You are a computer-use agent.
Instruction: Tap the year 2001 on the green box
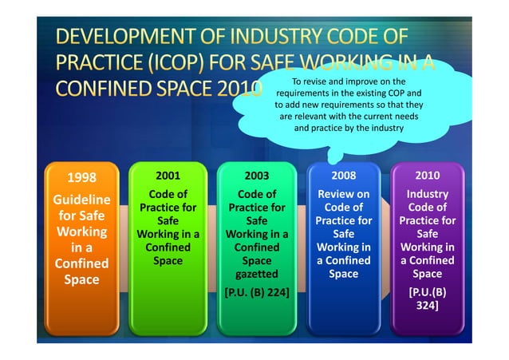coord(168,175)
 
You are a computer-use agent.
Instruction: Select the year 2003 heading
coord(257,175)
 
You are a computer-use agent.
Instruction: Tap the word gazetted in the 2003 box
coord(257,274)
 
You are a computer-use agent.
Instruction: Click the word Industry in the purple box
coord(428,194)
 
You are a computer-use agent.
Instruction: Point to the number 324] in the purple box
coord(428,305)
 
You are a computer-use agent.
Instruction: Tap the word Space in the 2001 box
coord(168,261)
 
